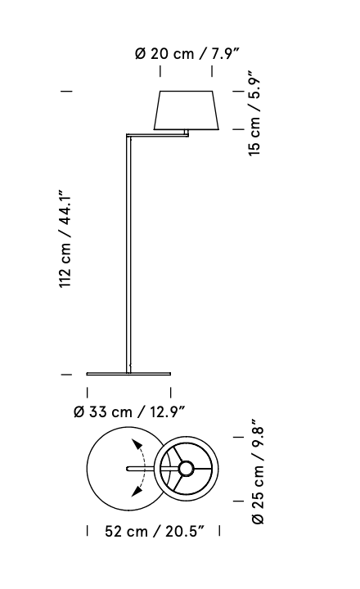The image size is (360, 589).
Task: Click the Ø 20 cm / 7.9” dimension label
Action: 187,54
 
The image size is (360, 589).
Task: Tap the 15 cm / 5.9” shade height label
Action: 254,113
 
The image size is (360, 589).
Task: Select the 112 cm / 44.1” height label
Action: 65,240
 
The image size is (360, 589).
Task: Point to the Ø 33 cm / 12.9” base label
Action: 129,412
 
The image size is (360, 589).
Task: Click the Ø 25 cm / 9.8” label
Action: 259,471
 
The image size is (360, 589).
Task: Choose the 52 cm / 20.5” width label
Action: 155,532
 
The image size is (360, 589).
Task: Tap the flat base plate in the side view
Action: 128,374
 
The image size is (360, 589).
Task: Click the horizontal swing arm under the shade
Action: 157,134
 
